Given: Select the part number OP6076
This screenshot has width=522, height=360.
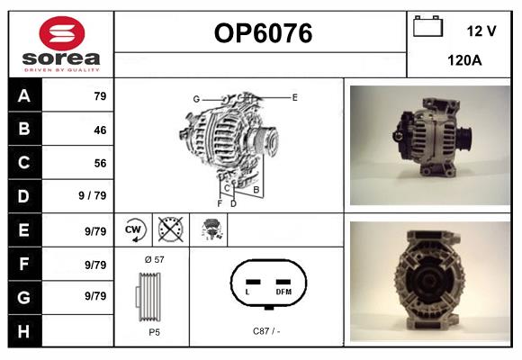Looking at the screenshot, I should coord(263,33).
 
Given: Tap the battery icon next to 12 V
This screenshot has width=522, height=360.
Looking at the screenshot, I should coord(427,27).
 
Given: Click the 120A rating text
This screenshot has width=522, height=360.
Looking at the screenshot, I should coord(464,60).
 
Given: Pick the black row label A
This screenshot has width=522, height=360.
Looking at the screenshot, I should coord(24,96).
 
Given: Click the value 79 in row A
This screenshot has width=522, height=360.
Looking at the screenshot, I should coord(101,96).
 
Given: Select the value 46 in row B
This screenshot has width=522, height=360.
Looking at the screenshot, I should coord(100,130).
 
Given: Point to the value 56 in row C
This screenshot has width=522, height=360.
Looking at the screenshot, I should coord(100,163).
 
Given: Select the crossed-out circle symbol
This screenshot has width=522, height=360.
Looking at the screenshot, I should coord(170,229).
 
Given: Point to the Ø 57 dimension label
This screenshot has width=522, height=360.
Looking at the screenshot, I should coord(153,258).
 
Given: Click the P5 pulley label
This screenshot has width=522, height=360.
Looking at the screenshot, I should coord(154,330).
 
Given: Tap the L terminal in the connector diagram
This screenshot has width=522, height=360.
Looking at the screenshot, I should coord(248,292).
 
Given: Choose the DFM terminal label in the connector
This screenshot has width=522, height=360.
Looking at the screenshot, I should coord(283,292).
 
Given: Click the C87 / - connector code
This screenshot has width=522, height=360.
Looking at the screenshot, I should coord(266,330).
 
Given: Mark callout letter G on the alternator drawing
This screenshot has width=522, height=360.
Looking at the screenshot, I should coord(196,98).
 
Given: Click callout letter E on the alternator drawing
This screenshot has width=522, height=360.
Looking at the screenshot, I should coord(294,96).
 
